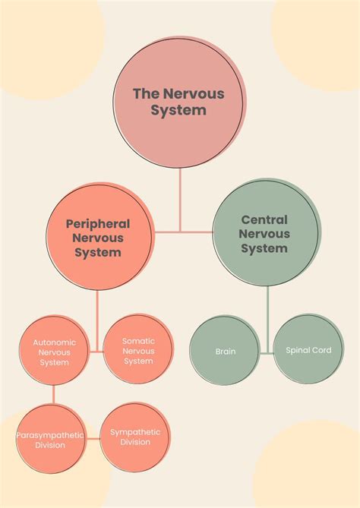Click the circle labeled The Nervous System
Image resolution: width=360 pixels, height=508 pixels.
click(x=179, y=101)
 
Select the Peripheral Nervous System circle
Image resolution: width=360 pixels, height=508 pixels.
click(x=97, y=237)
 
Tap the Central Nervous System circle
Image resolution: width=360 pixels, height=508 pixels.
click(x=264, y=235)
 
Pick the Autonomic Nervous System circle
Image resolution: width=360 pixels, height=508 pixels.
click(x=54, y=352)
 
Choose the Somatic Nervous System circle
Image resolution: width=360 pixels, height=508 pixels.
click(x=138, y=350)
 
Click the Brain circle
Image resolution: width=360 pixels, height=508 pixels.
click(x=226, y=351)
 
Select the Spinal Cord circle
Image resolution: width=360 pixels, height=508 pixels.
click(x=308, y=350)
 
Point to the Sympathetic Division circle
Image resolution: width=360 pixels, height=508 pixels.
click(x=135, y=437)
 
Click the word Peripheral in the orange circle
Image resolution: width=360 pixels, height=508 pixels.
click(x=97, y=224)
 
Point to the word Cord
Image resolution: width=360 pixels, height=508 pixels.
click(x=321, y=351)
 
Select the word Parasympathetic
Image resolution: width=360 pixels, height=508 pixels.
click(x=49, y=435)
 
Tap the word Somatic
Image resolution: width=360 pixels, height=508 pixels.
click(x=138, y=340)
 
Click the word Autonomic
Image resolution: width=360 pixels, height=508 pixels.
click(x=54, y=342)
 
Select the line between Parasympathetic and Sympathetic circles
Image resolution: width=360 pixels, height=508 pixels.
click(x=92, y=437)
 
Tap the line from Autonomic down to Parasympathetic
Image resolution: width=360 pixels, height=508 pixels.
click(x=54, y=395)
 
